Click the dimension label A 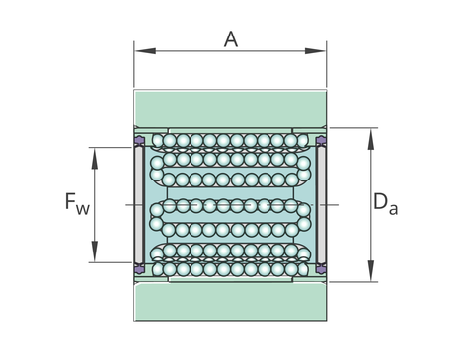click(x=231, y=39)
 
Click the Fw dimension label click(x=77, y=204)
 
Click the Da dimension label click(x=385, y=204)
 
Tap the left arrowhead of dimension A click(x=145, y=51)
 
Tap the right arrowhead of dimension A click(x=315, y=51)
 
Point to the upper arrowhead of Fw click(x=95, y=159)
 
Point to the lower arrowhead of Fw click(x=95, y=252)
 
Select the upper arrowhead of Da click(x=371, y=139)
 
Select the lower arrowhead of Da click(x=371, y=270)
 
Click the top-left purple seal click(x=139, y=141)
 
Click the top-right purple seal click(x=321, y=141)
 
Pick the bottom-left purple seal click(x=139, y=269)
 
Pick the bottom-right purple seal click(x=321, y=269)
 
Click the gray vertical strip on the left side click(x=139, y=205)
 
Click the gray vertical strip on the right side click(x=321, y=205)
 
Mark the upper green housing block click(x=230, y=108)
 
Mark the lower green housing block click(x=230, y=302)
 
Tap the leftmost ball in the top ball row click(x=158, y=141)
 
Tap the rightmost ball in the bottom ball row click(x=303, y=269)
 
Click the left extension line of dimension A click(x=134, y=64)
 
